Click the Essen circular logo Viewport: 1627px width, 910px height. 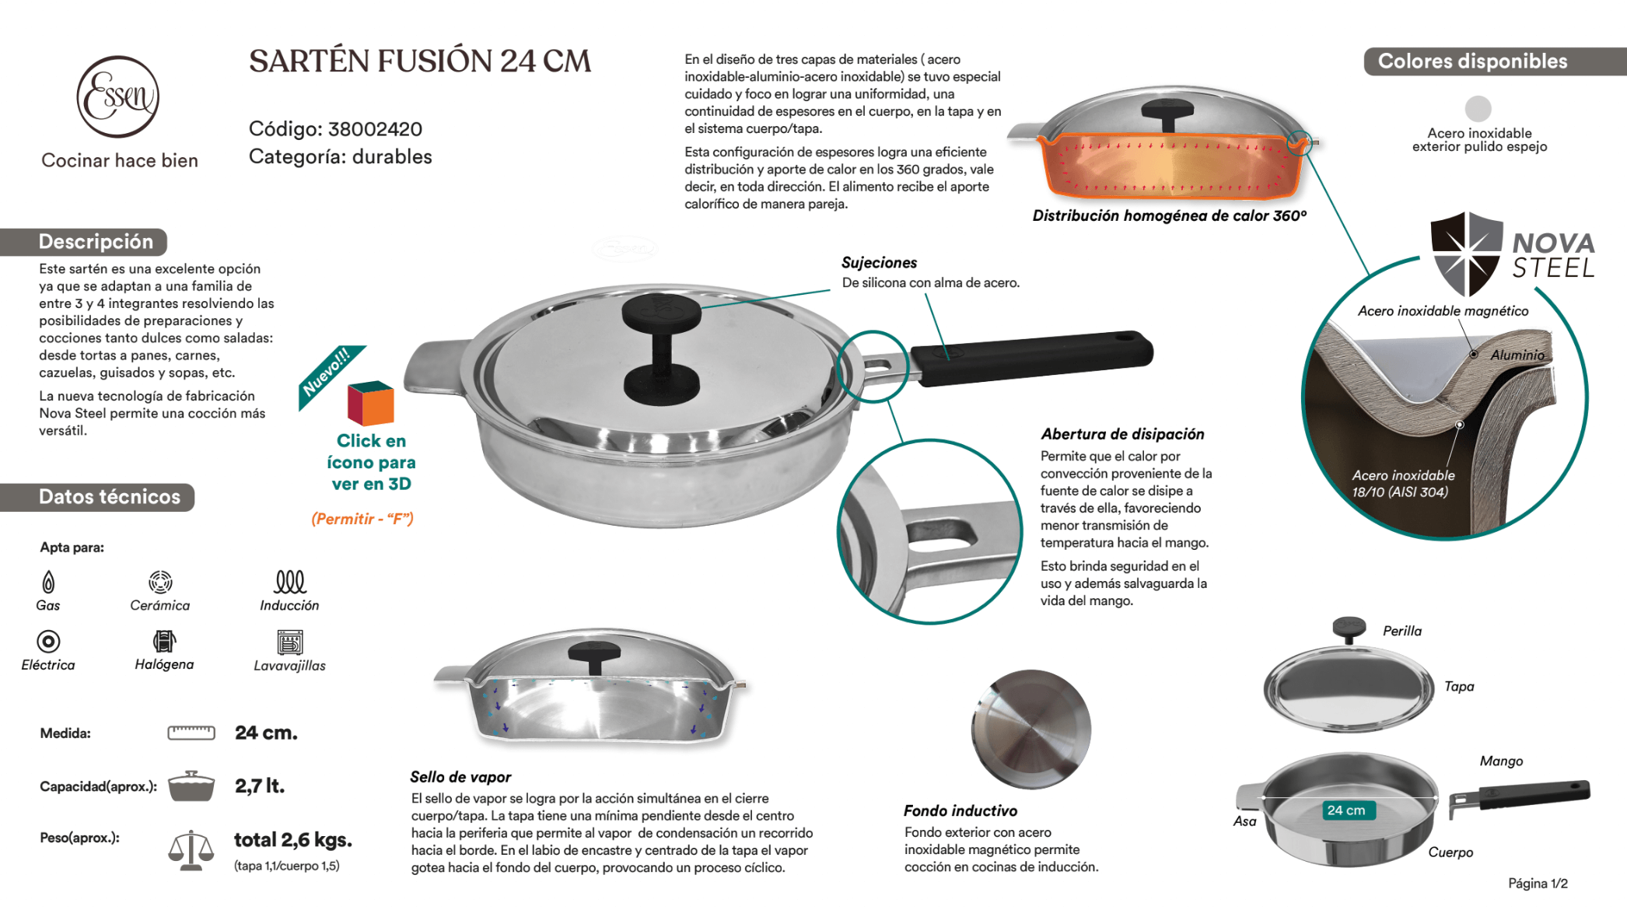coord(117,97)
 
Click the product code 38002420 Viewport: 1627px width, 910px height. coord(375,129)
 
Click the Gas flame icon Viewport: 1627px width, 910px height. coord(48,582)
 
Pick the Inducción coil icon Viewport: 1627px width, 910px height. coord(290,581)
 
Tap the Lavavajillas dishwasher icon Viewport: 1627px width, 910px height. coord(290,642)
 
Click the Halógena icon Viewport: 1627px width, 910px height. coord(164,641)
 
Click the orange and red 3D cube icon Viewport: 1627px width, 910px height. coord(371,403)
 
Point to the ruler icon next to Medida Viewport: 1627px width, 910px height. coord(191,733)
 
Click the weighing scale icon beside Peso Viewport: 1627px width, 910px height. coord(191,850)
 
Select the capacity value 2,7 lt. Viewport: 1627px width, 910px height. coord(260,786)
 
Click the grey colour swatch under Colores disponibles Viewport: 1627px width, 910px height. coord(1478,108)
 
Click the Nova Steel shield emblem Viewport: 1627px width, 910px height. coord(1466,254)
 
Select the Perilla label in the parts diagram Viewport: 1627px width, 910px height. coord(1401,631)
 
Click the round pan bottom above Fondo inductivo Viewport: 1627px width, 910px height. coord(1030,729)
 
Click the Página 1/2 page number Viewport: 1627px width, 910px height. coord(1537,884)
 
